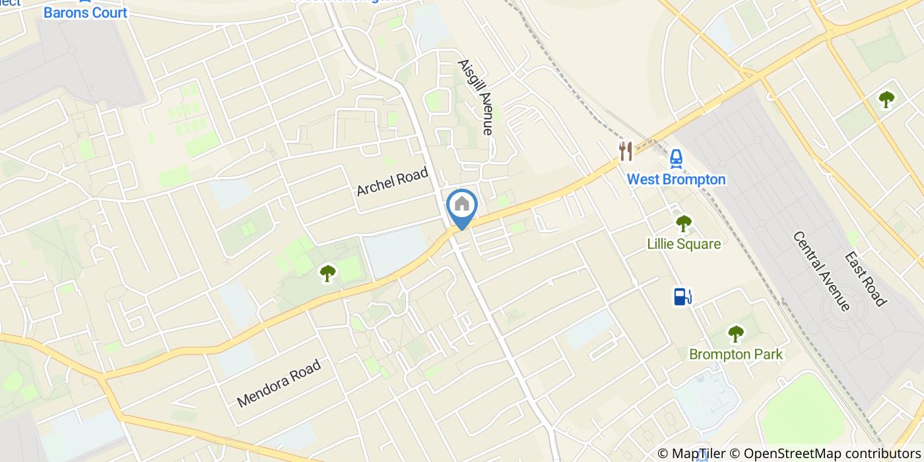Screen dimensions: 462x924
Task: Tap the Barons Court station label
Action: (x=85, y=13)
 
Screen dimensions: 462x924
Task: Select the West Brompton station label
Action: (x=676, y=180)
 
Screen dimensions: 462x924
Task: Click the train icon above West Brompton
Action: (x=676, y=158)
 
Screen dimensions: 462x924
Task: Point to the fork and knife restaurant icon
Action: (x=626, y=151)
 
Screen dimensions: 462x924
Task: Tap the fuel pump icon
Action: (x=682, y=297)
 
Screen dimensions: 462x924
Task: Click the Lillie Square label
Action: (x=683, y=244)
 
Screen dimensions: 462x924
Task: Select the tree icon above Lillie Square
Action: (x=683, y=224)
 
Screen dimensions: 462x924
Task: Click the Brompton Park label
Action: (x=735, y=354)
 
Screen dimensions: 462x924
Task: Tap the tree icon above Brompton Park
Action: (x=735, y=334)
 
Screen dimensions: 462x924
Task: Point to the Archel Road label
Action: (x=392, y=181)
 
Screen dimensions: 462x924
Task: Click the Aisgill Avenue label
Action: (x=476, y=98)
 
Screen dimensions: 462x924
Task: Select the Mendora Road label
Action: (x=279, y=382)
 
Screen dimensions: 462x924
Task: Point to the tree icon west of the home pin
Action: (x=327, y=273)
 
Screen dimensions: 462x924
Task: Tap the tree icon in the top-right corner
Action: (x=886, y=100)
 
